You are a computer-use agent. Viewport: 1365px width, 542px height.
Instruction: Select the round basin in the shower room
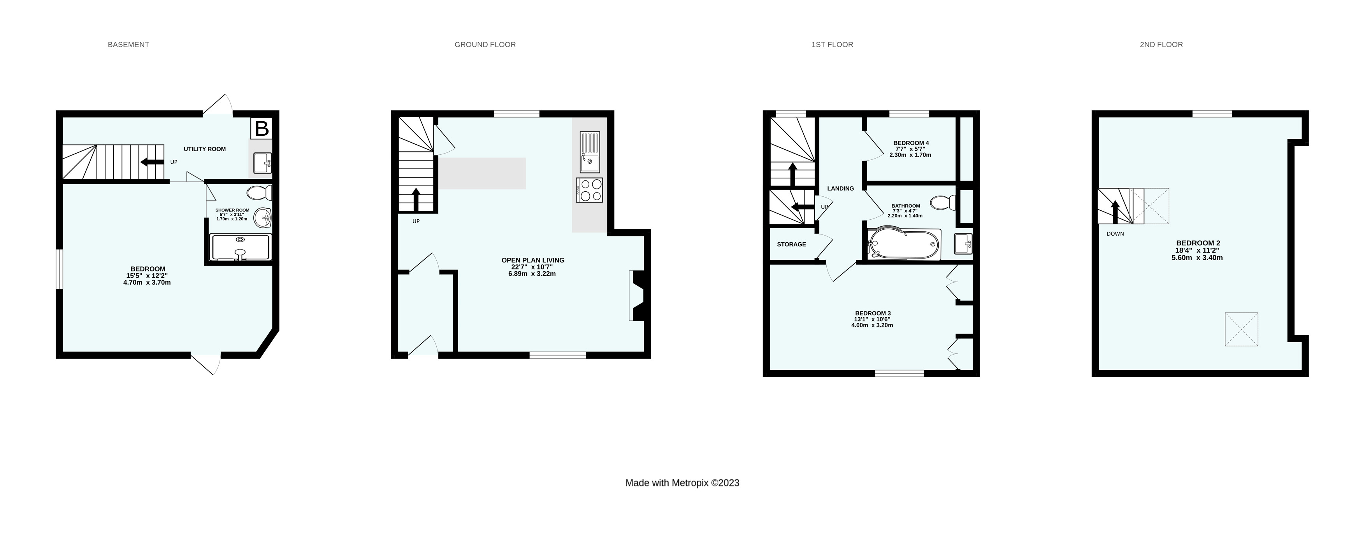click(263, 217)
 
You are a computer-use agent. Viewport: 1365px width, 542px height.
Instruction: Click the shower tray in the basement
click(241, 248)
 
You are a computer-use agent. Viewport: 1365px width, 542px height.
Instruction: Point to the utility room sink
click(262, 163)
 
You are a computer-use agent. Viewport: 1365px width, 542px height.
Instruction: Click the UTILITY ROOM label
click(205, 149)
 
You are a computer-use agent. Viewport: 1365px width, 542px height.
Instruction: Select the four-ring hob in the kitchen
click(589, 191)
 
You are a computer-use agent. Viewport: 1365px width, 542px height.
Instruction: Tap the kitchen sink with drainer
click(590, 152)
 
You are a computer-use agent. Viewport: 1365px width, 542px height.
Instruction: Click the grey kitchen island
click(482, 173)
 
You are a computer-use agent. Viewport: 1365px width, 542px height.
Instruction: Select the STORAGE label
click(791, 245)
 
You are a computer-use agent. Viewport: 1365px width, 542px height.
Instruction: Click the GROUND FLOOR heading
click(485, 44)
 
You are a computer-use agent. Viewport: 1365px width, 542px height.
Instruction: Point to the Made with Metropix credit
click(682, 483)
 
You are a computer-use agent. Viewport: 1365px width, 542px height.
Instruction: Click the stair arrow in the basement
click(152, 163)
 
